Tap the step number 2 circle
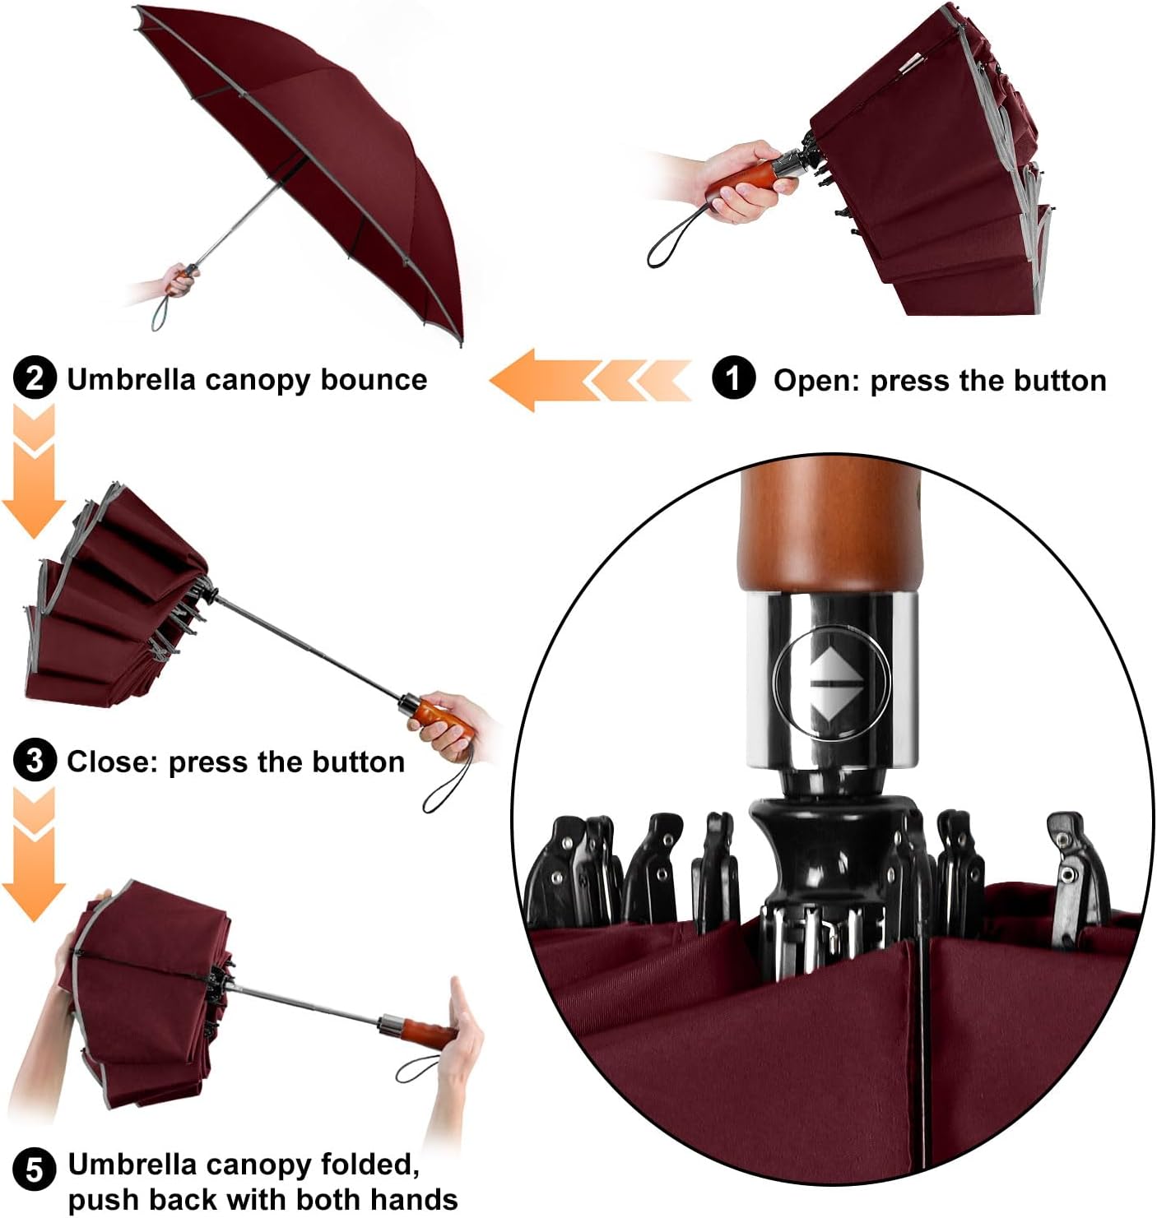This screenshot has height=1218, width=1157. pos(35,379)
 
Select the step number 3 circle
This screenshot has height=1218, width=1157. pos(35,761)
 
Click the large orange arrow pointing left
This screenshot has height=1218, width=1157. pos(535,380)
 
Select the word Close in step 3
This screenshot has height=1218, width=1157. pos(112,762)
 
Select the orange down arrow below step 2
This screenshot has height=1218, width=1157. pos(33,477)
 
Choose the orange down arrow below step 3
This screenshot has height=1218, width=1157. pos(33,859)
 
